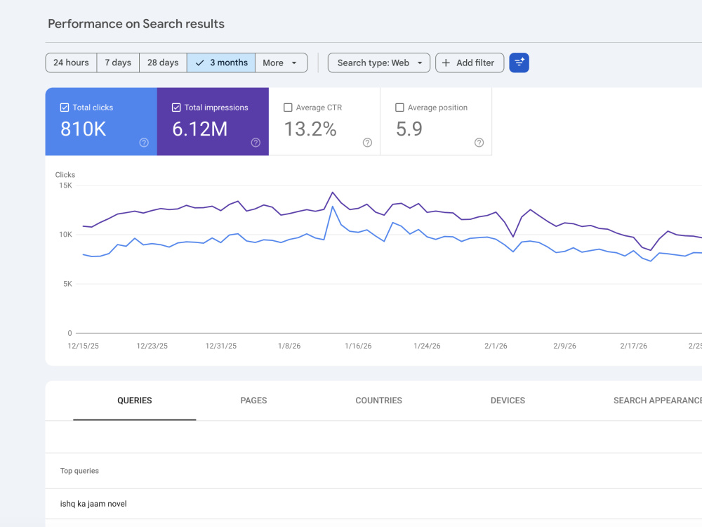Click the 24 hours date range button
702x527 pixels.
tap(71, 63)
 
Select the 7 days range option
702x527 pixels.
tap(118, 63)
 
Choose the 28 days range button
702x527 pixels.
tap(163, 63)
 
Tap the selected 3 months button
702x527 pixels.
tap(221, 63)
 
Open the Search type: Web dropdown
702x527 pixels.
tap(379, 63)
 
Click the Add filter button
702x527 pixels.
tap(470, 63)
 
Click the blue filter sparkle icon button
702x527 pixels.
tap(519, 63)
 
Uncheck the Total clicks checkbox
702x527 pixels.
tap(65, 108)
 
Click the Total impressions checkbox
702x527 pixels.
tap(176, 108)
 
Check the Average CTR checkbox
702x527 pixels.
tap(288, 108)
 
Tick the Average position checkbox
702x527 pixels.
tap(400, 108)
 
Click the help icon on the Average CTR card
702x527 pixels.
tap(368, 143)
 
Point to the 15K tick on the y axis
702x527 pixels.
tap(65, 186)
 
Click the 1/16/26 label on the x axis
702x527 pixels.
tap(358, 346)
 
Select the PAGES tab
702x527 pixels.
tap(253, 401)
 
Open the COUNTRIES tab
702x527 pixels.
tap(379, 401)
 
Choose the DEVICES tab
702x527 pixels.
tap(508, 401)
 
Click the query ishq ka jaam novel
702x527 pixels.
tap(93, 504)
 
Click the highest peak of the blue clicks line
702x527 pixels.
tap(333, 207)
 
